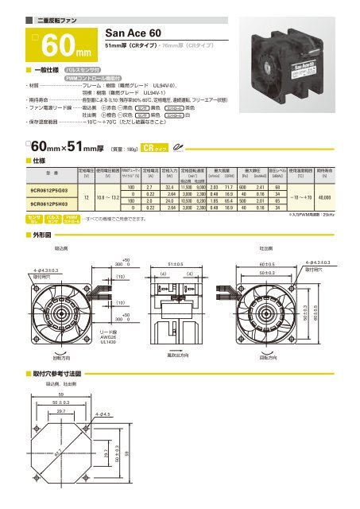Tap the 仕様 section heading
click(37, 160)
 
